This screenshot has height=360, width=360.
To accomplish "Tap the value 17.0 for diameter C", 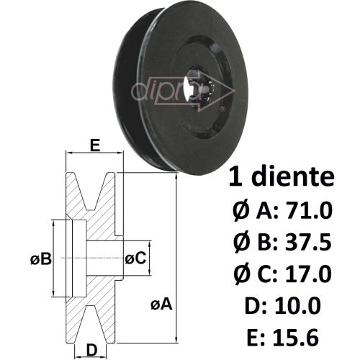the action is click(x=308, y=274).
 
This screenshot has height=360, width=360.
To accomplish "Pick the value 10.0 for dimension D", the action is click(x=297, y=306).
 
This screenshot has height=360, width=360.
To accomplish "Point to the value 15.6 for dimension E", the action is click(x=296, y=337).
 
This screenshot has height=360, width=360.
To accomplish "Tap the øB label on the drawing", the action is click(x=41, y=259).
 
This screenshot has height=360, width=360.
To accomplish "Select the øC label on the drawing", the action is click(x=135, y=258).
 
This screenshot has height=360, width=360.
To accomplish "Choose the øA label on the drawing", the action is click(x=161, y=304).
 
